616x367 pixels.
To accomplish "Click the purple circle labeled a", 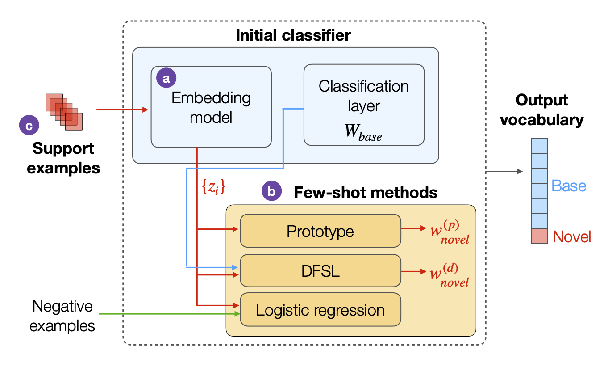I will tap(166, 78).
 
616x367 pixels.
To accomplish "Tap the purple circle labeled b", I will tap(271, 191).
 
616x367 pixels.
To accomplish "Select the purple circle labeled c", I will tap(29, 126).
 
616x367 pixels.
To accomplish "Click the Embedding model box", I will tap(211, 107).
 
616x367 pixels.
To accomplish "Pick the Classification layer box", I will tap(364, 105).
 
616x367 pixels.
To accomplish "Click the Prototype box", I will tap(320, 231).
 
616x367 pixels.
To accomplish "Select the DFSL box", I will tap(320, 270).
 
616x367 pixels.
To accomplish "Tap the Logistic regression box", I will tap(320, 309).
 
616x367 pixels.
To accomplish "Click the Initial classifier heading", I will tap(293, 35).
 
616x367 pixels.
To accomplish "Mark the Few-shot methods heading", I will tap(365, 192).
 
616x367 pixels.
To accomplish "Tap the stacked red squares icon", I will tap(64, 112).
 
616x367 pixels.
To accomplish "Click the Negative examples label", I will tap(62, 316).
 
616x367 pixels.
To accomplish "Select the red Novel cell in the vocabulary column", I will tap(539, 236).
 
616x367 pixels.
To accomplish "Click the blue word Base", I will tap(569, 186).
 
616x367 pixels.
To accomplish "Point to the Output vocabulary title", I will tap(541, 110).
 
